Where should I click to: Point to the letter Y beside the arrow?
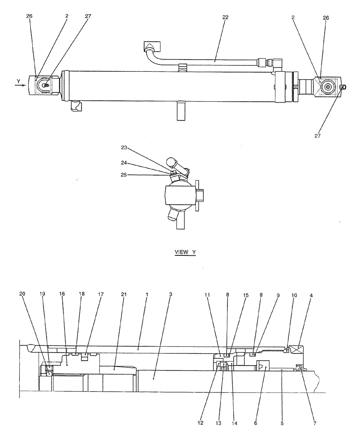pos(18,81)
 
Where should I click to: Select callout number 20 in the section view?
pos(22,294)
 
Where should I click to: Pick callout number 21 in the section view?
pos(123,294)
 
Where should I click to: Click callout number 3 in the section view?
pos(171,294)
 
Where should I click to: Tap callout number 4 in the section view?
pos(311,296)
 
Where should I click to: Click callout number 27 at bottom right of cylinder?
pos(317,136)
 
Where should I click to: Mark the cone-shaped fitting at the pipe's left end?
pos(150,46)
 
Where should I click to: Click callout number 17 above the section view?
pos(101,294)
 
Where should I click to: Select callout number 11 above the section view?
pos(207,295)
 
